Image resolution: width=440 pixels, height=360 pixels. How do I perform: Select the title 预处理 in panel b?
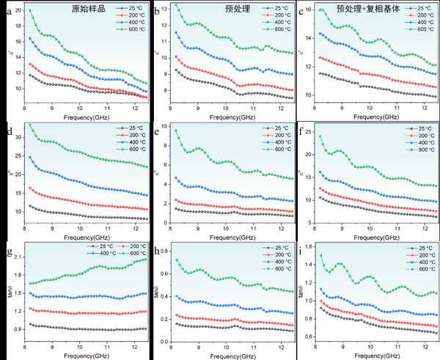240,10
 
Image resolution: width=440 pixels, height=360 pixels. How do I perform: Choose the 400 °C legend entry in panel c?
413,22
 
